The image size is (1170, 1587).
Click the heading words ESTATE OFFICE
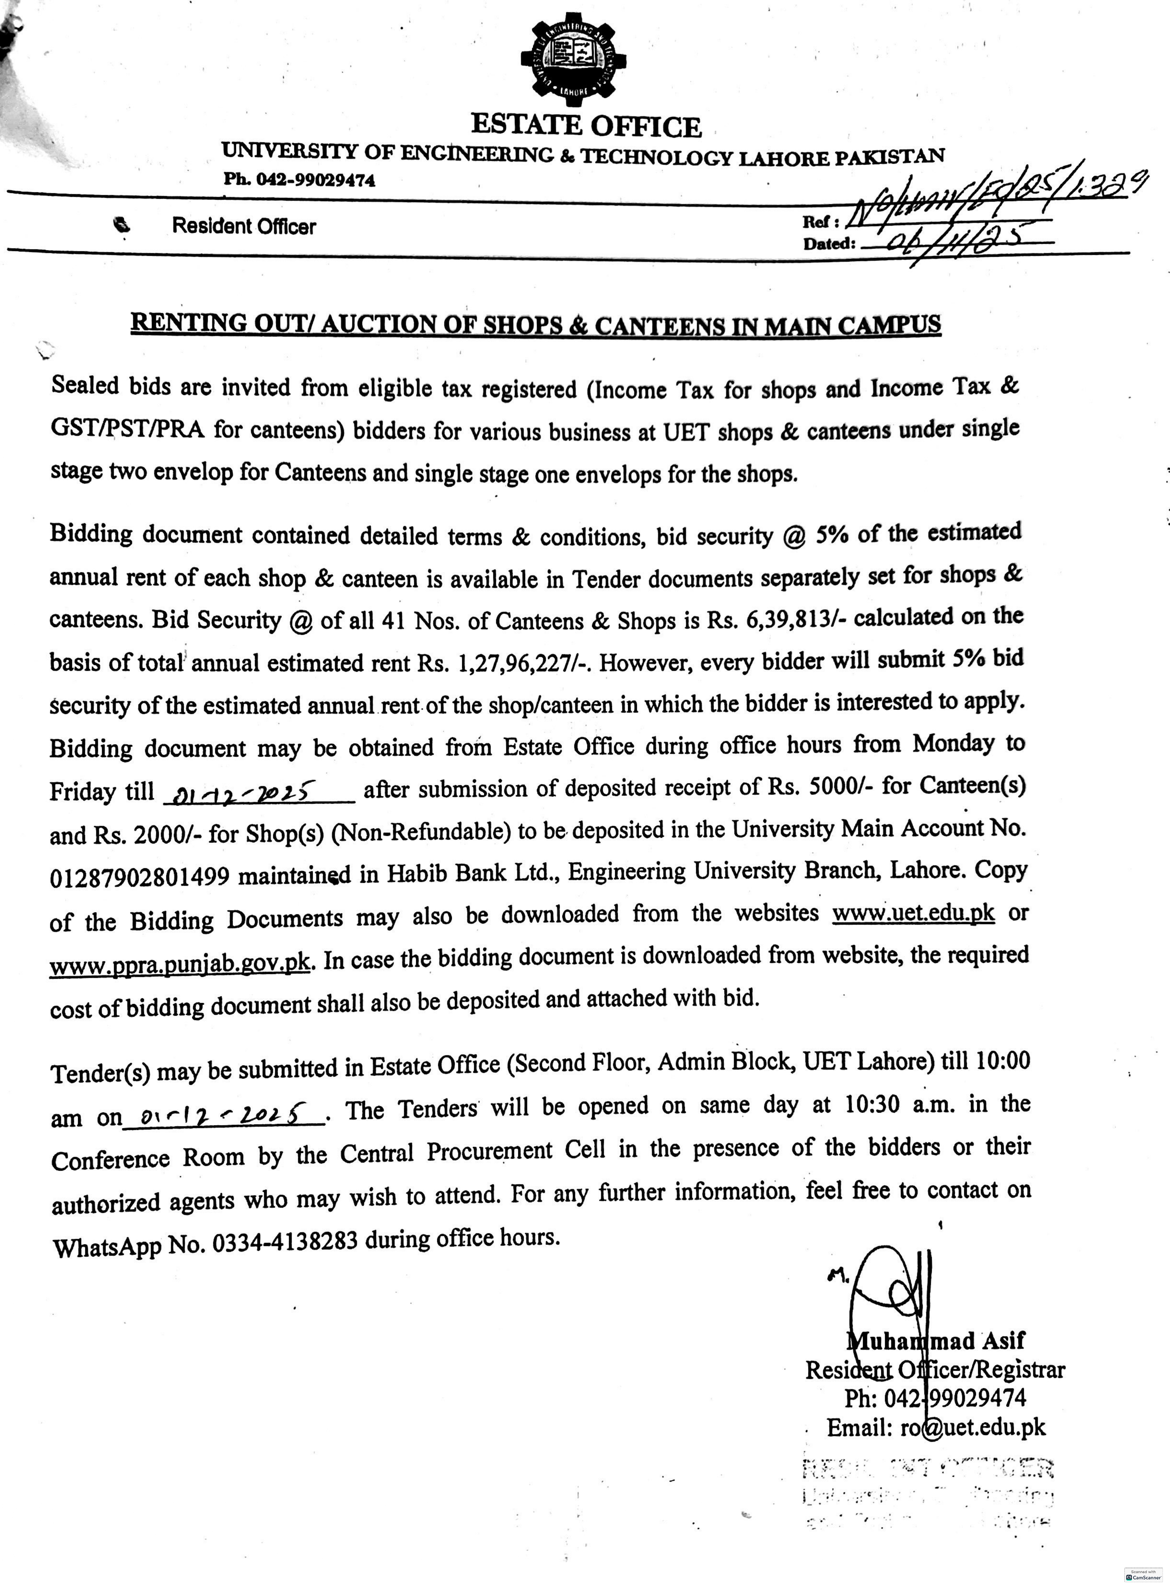tap(586, 126)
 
